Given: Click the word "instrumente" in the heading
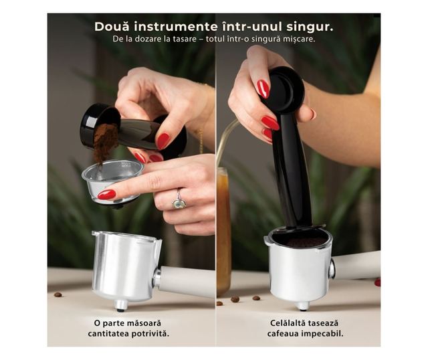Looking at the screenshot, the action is [176, 27].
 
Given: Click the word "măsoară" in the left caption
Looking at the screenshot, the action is [144, 323].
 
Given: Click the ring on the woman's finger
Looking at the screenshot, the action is [179, 201].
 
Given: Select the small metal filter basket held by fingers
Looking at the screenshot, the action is [112, 181].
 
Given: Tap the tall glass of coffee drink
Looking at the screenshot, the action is [224, 232].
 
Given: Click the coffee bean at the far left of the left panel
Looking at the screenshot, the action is [58, 294].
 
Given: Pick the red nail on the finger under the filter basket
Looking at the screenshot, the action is [107, 195].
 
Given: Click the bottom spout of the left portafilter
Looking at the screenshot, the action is [120, 305].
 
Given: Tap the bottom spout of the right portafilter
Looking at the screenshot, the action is [303, 306].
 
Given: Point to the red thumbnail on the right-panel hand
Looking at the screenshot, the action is [263, 89].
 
